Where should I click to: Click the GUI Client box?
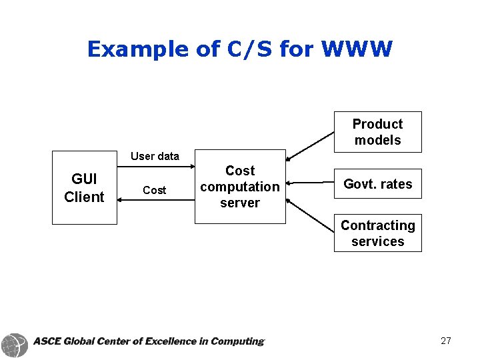point(85,187)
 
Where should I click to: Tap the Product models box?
point(377,132)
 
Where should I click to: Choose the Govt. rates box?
point(377,184)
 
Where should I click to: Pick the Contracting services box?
point(377,233)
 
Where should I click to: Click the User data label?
point(155,156)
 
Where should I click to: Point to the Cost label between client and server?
point(154,190)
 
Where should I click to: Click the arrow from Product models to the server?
point(310,146)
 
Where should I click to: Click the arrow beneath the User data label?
point(155,165)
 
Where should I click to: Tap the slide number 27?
point(446,341)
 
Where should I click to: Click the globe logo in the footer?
point(15,344)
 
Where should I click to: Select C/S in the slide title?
point(250,49)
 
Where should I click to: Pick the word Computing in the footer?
point(236,341)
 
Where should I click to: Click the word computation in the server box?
point(240,187)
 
